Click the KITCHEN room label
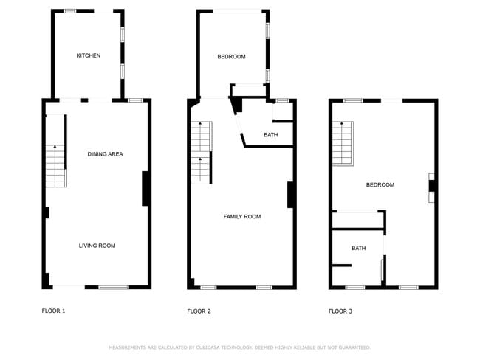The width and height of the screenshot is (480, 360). coord(89,56)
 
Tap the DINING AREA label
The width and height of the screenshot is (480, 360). coord(105,154)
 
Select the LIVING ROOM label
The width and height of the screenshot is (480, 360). coord(97,246)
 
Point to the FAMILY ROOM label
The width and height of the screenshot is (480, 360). coord(242,217)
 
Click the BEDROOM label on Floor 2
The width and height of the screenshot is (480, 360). coord(231,57)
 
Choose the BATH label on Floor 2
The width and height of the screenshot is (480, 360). coord(270,135)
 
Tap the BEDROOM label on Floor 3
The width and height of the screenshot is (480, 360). coord(380,185)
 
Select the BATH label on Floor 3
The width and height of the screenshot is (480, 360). coord(358,249)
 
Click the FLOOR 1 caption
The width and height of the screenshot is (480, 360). coord(53,311)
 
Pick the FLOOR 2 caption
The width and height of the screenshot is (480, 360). coord(199,311)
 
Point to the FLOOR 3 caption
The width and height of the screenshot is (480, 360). coord(340,311)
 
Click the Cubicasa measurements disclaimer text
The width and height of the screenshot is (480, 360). coord(239,347)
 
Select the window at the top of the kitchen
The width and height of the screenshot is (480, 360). coord(72,11)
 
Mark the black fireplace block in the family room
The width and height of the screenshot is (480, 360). coord(291,194)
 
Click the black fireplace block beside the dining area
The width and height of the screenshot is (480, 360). coord(145,188)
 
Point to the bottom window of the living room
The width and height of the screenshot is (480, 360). coord(114,287)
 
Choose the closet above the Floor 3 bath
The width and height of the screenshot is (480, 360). coord(357,221)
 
